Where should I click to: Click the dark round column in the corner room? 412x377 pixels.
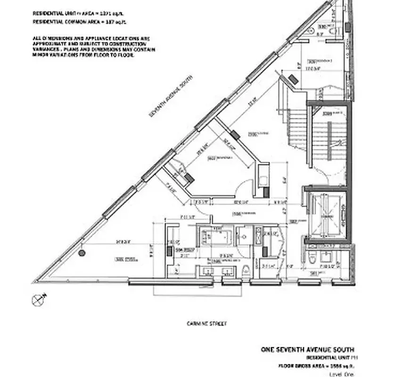tap(82, 253)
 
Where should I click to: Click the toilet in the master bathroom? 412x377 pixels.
tap(246, 271)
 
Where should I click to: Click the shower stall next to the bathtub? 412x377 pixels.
tap(244, 235)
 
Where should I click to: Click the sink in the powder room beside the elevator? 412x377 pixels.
tap(326, 257)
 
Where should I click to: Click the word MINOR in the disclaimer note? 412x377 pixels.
tap(40, 55)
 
